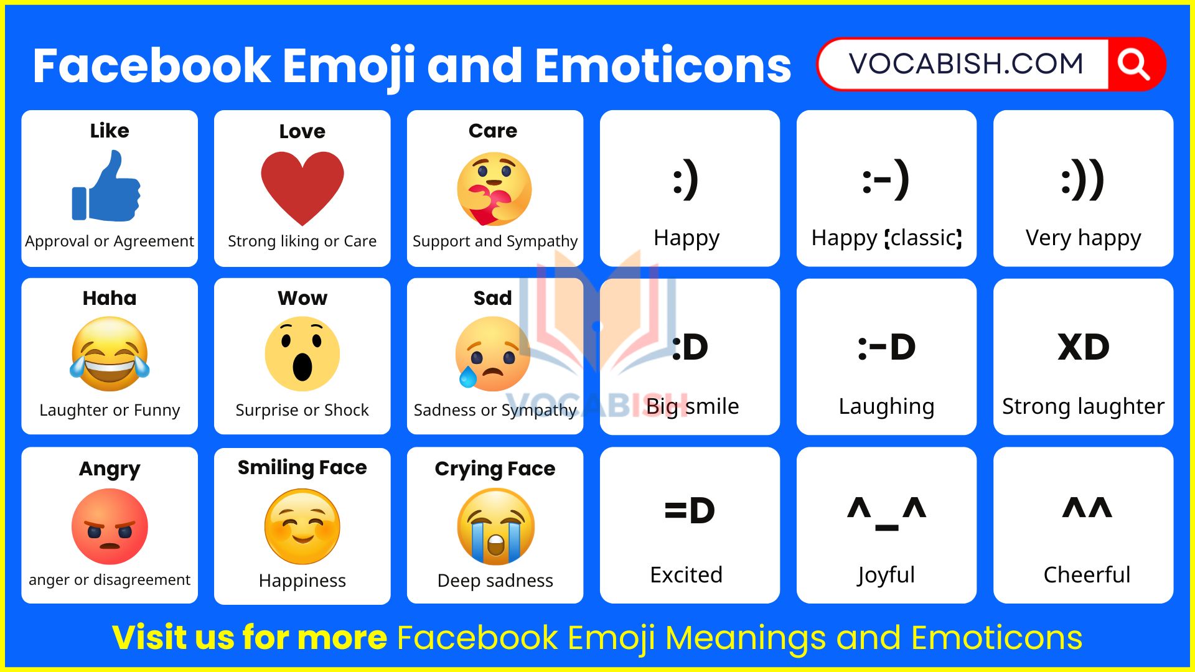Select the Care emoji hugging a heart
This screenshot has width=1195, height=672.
click(x=494, y=189)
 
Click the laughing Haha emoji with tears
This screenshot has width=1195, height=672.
click(x=110, y=353)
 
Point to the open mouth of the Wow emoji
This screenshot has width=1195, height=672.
click(x=302, y=367)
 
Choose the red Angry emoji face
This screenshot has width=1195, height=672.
click(x=110, y=526)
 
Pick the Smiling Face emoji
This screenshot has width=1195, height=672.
click(x=302, y=526)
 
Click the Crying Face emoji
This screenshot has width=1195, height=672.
click(x=495, y=526)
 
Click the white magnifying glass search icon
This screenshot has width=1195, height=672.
click(x=1133, y=65)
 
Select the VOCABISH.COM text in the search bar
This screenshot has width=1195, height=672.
click(x=966, y=64)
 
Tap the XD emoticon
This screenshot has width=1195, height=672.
click(x=1084, y=347)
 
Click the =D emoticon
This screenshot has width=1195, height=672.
click(x=690, y=511)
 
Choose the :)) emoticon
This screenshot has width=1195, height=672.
click(x=1084, y=180)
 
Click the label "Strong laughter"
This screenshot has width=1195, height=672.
click(x=1084, y=406)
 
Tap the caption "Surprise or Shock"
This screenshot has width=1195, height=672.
click(x=302, y=410)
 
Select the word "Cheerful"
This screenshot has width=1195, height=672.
click(x=1087, y=574)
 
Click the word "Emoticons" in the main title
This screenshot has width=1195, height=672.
click(x=663, y=66)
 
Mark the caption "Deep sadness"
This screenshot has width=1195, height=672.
click(x=495, y=581)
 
